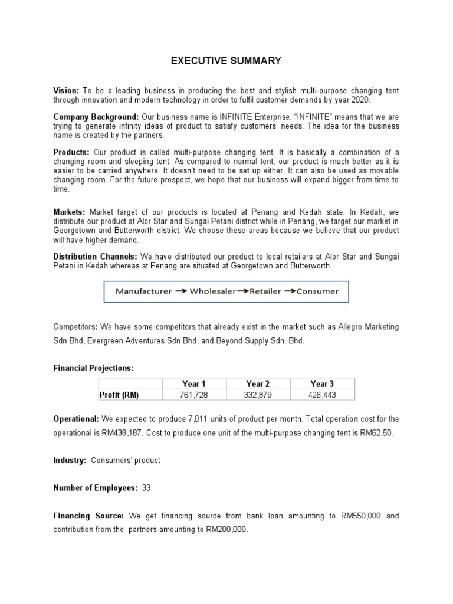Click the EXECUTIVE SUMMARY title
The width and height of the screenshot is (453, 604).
point(226,60)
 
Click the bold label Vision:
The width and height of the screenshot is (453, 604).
point(66,90)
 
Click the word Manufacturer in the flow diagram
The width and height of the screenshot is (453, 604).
point(143,291)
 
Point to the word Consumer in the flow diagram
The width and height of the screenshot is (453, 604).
point(317,291)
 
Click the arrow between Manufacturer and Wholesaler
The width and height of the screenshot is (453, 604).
point(180,291)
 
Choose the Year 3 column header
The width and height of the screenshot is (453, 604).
point(322,384)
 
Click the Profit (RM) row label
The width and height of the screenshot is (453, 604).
point(119,395)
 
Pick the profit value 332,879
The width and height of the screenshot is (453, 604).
point(258,395)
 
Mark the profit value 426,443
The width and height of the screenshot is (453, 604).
point(322,395)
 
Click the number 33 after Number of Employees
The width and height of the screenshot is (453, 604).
point(146,488)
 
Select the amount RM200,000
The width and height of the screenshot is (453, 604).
point(227,530)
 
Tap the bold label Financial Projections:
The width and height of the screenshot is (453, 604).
point(94,368)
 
